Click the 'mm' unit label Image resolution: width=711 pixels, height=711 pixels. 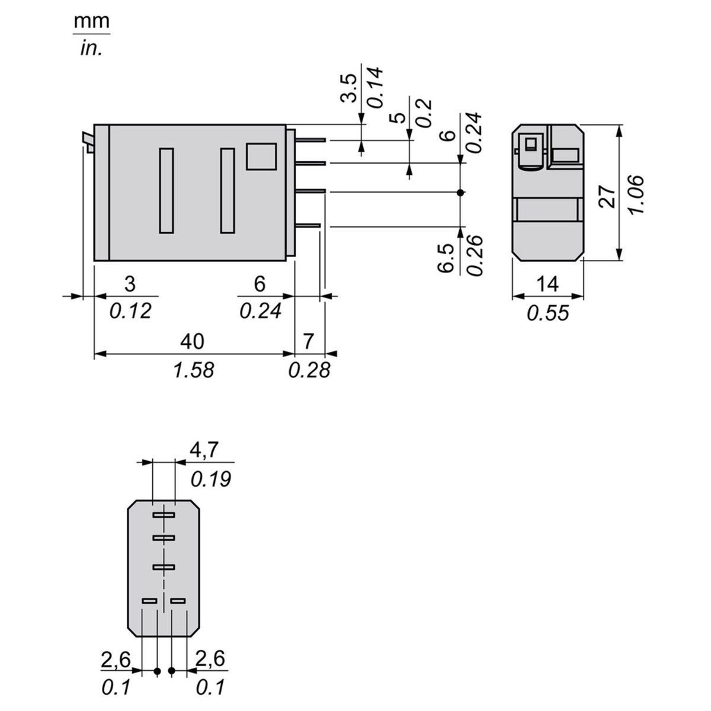click(92, 21)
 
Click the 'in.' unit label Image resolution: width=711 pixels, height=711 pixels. click(91, 49)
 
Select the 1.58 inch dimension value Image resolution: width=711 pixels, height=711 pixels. click(193, 370)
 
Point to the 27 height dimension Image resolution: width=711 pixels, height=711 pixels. click(607, 196)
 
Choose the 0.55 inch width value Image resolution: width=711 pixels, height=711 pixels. click(547, 312)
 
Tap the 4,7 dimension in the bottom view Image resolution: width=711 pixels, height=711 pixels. click(204, 450)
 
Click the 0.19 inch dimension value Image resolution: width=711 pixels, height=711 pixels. click(210, 478)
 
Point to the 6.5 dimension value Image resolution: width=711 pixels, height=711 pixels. click(447, 258)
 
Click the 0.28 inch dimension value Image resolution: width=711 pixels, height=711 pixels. click(309, 370)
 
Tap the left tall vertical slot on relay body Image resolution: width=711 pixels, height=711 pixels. click(166, 190)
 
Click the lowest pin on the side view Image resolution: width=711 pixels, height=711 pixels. click(308, 225)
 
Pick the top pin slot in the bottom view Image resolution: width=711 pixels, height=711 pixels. click(163, 515)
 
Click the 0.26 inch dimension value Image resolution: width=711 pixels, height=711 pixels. click(475, 255)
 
